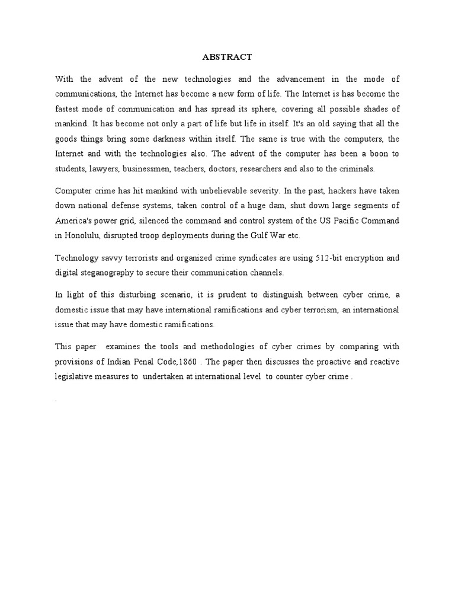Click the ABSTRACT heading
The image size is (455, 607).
click(x=227, y=57)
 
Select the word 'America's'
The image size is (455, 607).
click(x=76, y=220)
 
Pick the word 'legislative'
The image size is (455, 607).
click(x=75, y=376)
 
